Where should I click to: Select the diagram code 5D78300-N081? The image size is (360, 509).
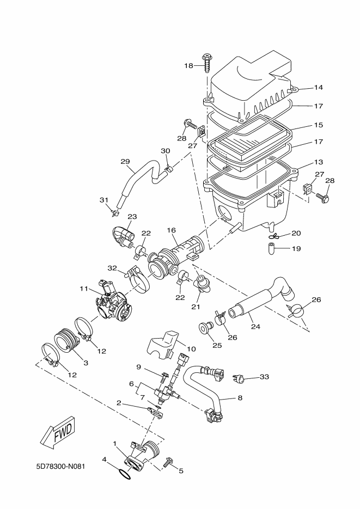point(60,467)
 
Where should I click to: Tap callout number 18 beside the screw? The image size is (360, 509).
point(188,65)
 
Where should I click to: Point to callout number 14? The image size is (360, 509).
point(319,87)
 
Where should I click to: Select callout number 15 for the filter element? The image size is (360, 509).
point(319,125)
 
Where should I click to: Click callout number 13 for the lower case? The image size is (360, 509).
point(319,162)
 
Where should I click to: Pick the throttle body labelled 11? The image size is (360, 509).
point(112,301)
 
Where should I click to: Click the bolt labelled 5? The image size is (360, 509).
point(168,462)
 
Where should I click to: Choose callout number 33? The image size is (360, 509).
point(265,377)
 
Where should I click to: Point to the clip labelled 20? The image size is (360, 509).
point(273,236)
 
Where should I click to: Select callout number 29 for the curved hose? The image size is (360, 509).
point(125,161)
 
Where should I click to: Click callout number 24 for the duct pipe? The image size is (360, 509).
point(256,327)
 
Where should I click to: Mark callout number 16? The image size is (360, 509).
point(172,230)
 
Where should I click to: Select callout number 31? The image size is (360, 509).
point(104,200)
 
